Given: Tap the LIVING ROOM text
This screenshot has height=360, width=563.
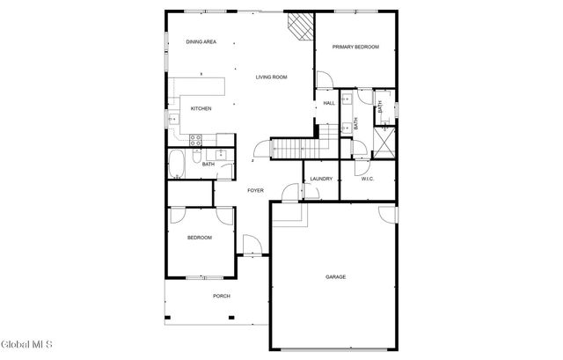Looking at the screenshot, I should coord(271,77).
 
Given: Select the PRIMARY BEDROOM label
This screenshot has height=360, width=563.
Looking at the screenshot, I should coord(355,47).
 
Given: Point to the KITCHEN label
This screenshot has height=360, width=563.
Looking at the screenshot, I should coord(201,108).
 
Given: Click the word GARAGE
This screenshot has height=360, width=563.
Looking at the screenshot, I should coord(335,277).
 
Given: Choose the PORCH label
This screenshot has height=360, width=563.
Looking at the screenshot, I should coord(222,296).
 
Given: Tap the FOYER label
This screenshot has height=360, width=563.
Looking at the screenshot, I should coord(255,190).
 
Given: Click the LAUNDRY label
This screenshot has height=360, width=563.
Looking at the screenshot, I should coord(320,180).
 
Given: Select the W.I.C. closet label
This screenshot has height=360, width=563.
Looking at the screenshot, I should coord(367,180).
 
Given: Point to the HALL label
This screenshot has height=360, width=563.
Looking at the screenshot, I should coord(328,103).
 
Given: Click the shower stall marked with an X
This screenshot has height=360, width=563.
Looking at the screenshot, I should coord(385,141).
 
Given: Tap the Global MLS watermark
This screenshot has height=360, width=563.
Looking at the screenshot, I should coord(27,343).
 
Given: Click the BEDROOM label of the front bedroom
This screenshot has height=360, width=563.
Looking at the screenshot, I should coord(200,238).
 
